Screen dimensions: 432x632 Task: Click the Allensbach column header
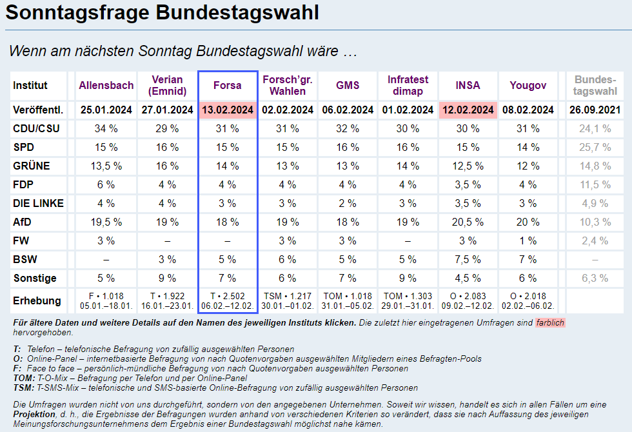tap(106, 85)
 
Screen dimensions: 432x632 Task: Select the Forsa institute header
tap(228, 85)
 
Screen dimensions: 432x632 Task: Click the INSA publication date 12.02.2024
tap(468, 110)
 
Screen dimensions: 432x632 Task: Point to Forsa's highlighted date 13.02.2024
tap(228, 110)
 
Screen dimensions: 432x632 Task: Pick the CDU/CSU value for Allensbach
tap(106, 128)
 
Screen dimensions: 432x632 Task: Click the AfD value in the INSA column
tap(468, 222)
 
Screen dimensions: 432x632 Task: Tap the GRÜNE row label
tap(32, 166)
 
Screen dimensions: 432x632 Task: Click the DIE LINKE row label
tap(39, 204)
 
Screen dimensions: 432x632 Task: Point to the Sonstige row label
tap(35, 279)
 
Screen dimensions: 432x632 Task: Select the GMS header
tap(348, 85)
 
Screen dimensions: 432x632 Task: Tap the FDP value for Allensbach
tap(106, 185)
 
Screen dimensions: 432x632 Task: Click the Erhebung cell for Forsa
tap(228, 301)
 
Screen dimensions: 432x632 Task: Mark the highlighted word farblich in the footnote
tap(549, 322)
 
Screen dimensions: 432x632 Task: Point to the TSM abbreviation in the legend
tap(23, 388)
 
